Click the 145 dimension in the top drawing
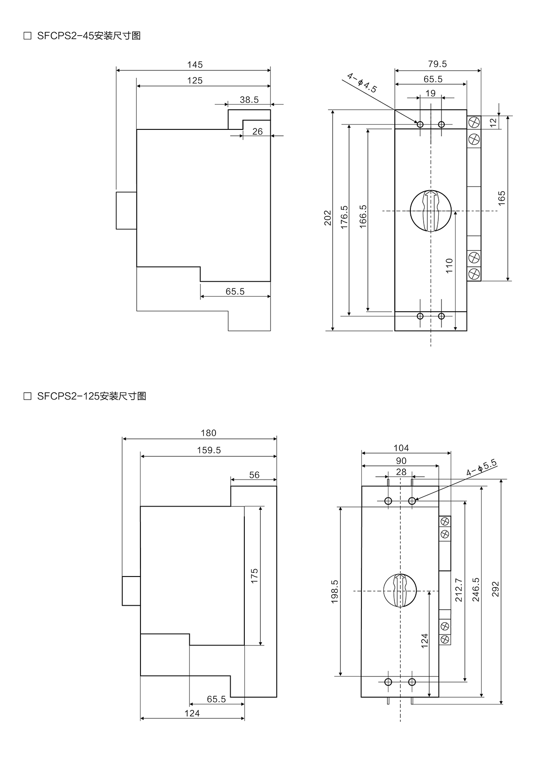click(x=195, y=65)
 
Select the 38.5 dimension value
click(x=249, y=100)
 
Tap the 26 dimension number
click(x=258, y=132)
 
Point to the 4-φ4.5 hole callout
click(x=361, y=83)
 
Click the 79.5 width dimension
click(x=437, y=64)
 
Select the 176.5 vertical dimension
click(x=344, y=217)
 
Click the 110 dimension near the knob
click(x=449, y=266)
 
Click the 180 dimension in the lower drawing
click(x=209, y=433)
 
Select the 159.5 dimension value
click(x=209, y=450)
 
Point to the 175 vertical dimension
click(x=255, y=576)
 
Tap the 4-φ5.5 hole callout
click(x=481, y=468)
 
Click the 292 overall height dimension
click(x=495, y=589)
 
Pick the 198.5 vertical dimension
click(x=334, y=592)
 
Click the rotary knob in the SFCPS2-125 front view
click(x=400, y=591)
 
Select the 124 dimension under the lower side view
click(x=192, y=713)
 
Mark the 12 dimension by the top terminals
click(x=493, y=123)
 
